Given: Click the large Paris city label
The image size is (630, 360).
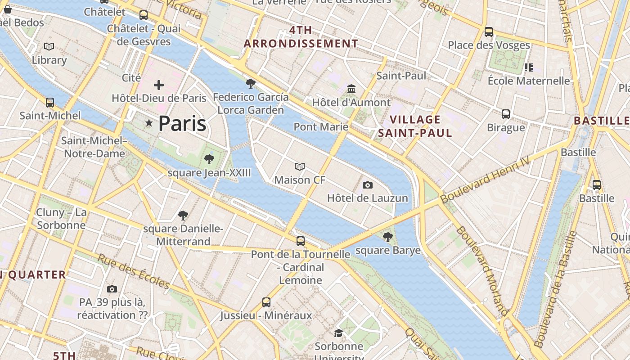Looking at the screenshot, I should coord(182,123).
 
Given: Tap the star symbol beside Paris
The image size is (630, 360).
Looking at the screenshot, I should coord(148,123).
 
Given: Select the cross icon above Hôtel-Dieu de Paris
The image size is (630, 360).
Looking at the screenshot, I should coord(158,85).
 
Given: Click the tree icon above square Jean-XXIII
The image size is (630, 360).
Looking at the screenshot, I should coord(209,159).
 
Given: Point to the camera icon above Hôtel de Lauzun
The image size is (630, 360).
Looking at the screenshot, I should coord(367,185).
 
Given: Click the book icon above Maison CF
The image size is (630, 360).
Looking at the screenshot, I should coord(300,167).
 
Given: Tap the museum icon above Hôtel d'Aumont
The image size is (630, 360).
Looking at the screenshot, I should coord(351,89).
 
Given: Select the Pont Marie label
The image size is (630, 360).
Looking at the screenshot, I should coord(321,127).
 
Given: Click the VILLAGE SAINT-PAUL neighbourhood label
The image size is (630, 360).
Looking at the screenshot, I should coord(415,126).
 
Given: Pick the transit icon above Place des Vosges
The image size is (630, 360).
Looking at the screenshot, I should coord(489,32).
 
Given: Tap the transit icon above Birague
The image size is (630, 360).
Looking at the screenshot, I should coord(506,114).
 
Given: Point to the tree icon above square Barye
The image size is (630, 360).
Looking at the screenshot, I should coord(387,237).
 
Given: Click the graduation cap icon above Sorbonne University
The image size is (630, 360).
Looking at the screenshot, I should coord(338,333).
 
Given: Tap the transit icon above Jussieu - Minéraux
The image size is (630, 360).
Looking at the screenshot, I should coord(266,302).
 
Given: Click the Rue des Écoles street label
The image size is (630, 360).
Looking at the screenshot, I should coord(134,271).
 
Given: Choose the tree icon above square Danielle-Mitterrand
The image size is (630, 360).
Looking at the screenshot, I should coord(183,216).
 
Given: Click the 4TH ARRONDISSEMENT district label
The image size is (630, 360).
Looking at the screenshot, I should coord(301,37).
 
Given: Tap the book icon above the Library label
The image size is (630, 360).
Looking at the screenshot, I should coord(49,46).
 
